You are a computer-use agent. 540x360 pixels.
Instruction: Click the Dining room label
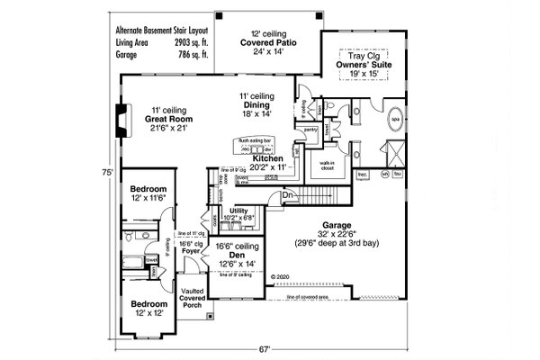click(256, 105)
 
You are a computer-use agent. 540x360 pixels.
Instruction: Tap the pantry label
click(311, 130)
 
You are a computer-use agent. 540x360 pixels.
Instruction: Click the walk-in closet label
click(322, 166)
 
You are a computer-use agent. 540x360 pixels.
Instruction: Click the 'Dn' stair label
click(287, 194)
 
